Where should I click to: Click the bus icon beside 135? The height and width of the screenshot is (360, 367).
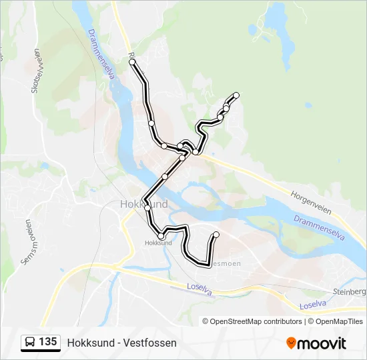(30, 343)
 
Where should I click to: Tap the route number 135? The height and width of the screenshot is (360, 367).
(47, 342)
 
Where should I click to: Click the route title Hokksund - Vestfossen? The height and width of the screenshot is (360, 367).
(121, 343)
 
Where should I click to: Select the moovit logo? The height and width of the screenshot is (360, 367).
(316, 343)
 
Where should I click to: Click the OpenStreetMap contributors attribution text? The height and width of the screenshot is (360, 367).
(256, 321)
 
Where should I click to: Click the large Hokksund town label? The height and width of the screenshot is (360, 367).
(143, 204)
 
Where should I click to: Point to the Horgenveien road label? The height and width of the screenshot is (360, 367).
(312, 203)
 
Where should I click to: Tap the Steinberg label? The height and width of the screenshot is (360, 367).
(349, 292)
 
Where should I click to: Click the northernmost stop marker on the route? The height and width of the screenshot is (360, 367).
(132, 62)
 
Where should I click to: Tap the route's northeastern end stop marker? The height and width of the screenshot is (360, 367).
(236, 95)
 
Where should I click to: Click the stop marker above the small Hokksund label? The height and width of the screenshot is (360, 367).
(161, 236)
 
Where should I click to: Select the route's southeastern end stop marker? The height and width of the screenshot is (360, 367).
(216, 234)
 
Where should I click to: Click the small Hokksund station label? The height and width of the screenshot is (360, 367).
(158, 243)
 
